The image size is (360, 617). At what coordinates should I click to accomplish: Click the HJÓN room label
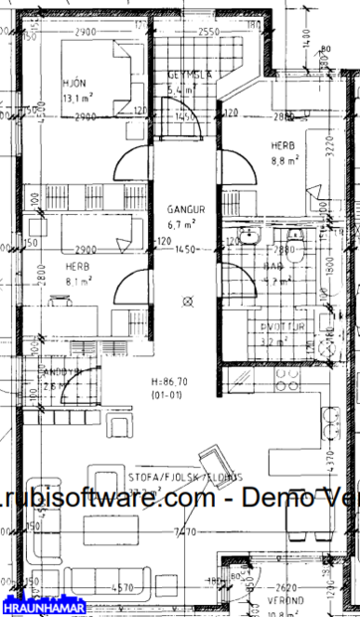coord(73,84)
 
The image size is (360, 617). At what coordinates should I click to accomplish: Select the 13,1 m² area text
coord(78,100)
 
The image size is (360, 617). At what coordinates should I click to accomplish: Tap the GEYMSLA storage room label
coord(186,74)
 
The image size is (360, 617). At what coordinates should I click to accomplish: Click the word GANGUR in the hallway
coord(187,210)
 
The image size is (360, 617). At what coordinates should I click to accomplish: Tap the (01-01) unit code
coord(171,395)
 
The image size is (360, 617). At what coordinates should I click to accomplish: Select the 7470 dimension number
coord(183,532)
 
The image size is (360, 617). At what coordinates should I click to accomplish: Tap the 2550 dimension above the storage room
coord(208,33)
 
